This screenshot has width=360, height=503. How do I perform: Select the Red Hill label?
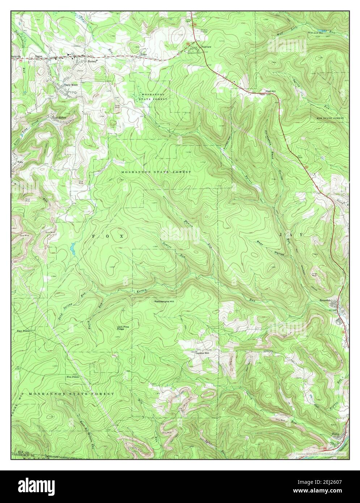click(271, 91)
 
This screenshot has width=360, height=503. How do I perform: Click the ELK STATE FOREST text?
click(330, 118)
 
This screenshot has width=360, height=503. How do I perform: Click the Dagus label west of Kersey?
click(39, 56)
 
